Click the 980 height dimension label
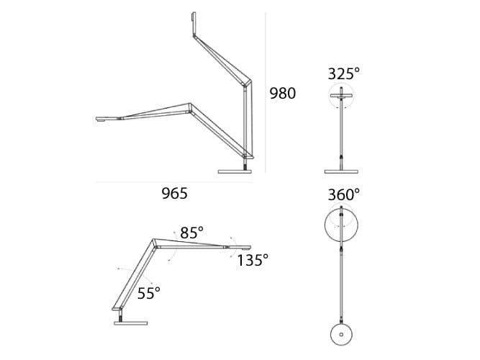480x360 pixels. pyautogui.click(x=283, y=93)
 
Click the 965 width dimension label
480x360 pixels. pyautogui.click(x=174, y=193)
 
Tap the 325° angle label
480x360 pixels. pyautogui.click(x=343, y=73)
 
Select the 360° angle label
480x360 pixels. pyautogui.click(x=343, y=194)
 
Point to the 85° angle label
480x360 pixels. pyautogui.click(x=192, y=233)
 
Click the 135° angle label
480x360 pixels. pyautogui.click(x=253, y=259)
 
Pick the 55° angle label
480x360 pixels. pyautogui.click(x=149, y=292)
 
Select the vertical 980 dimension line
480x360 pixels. pyautogui.click(x=266, y=94)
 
